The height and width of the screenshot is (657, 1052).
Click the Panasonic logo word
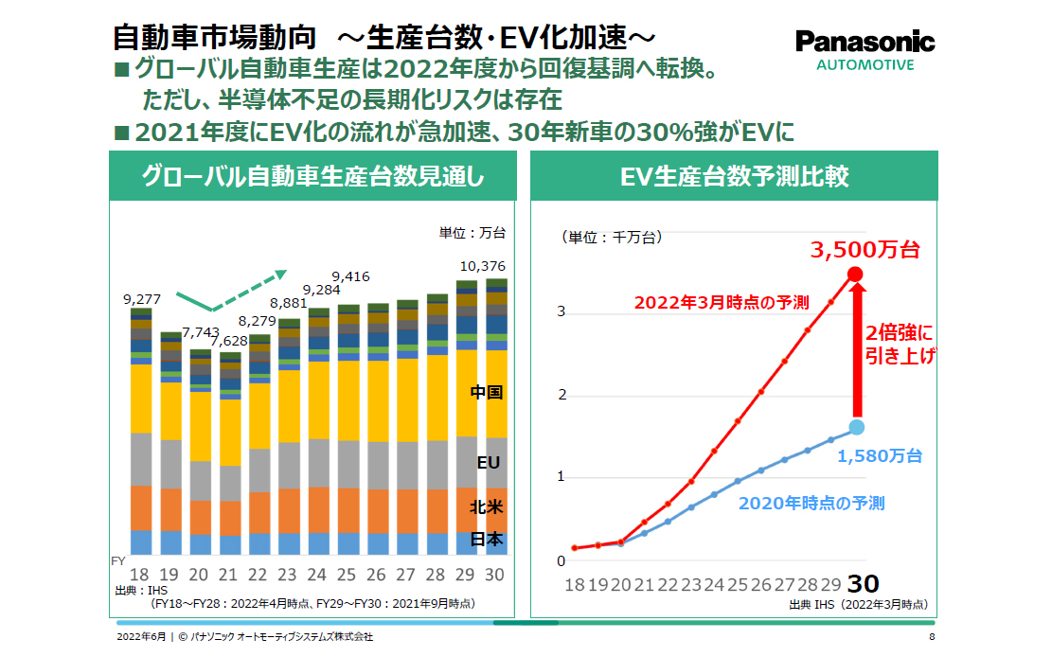[865, 42]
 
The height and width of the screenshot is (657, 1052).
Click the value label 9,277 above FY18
[142, 299]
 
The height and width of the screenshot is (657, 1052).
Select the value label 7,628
[230, 341]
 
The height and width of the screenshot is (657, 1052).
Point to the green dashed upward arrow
[248, 290]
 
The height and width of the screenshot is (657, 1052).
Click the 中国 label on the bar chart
[487, 392]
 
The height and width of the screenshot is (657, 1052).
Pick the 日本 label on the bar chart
[487, 540]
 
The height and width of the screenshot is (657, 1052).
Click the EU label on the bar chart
[488, 463]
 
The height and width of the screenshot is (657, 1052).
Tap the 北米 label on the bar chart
[487, 507]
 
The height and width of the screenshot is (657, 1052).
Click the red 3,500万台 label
[865, 251]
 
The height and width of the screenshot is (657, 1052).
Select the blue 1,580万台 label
[880, 456]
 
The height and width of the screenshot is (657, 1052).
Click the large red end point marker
[855, 275]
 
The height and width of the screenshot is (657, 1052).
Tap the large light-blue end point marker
[855, 426]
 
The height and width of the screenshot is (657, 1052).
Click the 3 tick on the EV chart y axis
[561, 311]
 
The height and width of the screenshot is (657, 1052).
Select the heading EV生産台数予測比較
[734, 176]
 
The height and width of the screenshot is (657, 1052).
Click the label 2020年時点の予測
[811, 503]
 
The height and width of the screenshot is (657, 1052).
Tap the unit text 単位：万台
[473, 233]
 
